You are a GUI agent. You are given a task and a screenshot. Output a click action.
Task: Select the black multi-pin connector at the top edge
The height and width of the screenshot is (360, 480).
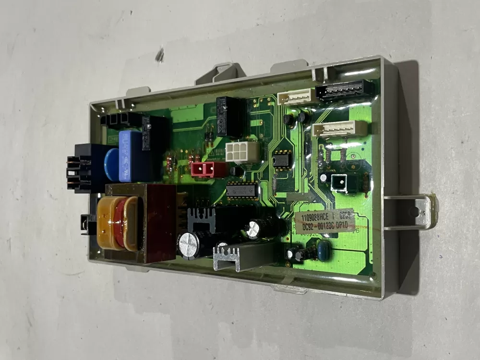345,90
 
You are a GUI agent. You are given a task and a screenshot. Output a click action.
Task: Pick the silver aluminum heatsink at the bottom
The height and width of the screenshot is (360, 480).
240,255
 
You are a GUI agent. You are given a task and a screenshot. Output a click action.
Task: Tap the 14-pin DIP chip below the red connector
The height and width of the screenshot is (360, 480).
242,191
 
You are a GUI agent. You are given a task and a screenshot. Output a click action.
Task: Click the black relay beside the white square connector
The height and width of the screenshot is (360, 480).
231,116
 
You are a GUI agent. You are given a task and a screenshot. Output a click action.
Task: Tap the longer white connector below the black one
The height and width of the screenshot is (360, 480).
339,129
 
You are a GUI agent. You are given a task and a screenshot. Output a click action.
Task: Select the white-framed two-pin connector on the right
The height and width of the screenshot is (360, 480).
339,183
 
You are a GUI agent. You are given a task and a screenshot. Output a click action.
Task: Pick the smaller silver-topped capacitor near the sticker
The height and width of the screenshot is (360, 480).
254,228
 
